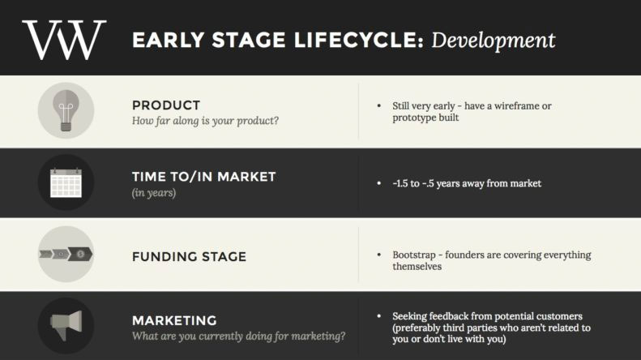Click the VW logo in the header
pyautogui.click(x=64, y=40)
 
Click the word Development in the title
pyautogui.click(x=494, y=41)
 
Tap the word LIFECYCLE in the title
pyautogui.click(x=358, y=40)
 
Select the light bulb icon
pyautogui.click(x=66, y=110)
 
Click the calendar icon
pyautogui.click(x=66, y=183)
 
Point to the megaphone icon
pyautogui.click(x=66, y=326)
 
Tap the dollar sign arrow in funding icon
pyautogui.click(x=80, y=254)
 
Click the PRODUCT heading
pyautogui.click(x=166, y=105)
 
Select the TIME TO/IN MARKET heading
pyautogui.click(x=204, y=177)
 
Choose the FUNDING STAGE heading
pyautogui.click(x=190, y=256)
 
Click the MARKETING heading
pyautogui.click(x=174, y=320)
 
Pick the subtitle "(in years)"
pyautogui.click(x=154, y=193)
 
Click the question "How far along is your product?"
pyautogui.click(x=205, y=121)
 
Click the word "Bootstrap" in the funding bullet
pyautogui.click(x=414, y=255)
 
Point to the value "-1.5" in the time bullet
pyautogui.click(x=400, y=183)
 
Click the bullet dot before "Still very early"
pyautogui.click(x=379, y=106)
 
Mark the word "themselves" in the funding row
pyautogui.click(x=417, y=267)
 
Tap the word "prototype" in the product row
pyautogui.click(x=413, y=118)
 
